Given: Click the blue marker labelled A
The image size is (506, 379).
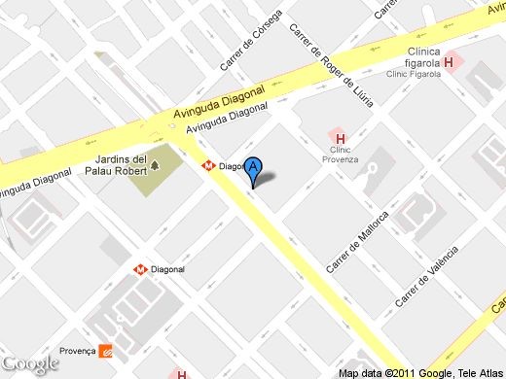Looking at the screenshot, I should point(254,170).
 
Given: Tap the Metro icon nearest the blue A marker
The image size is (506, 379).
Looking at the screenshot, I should point(208,166).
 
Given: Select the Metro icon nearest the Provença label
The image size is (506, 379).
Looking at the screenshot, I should point(141,269).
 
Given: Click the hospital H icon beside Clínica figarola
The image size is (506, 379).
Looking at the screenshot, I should point(449,63).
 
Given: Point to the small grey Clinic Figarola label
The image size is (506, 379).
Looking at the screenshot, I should point(413,73).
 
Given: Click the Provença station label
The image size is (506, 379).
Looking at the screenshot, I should point(78,351).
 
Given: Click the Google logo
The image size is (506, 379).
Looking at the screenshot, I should point(30,363).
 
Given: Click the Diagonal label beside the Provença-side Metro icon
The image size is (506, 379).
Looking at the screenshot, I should point(168,269).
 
